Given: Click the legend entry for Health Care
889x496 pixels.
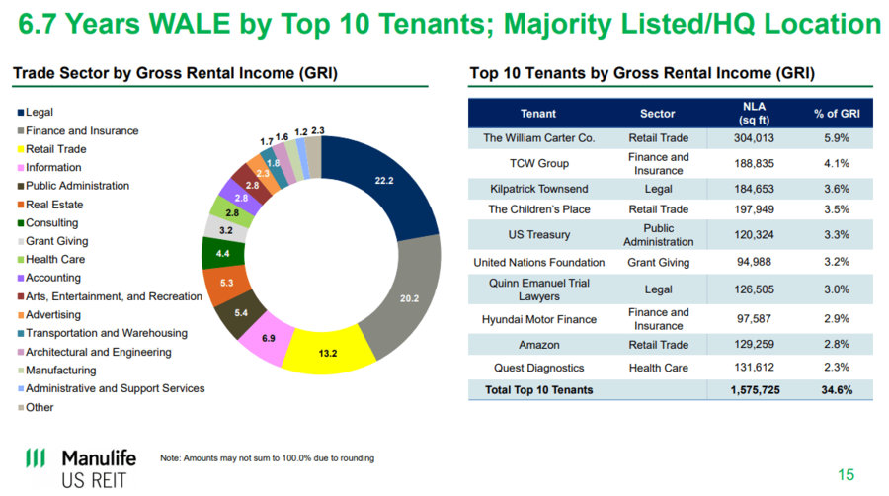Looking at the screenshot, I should click(55, 260).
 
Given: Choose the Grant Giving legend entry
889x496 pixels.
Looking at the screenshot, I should click(56, 241).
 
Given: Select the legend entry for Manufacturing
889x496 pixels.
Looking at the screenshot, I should click(61, 371).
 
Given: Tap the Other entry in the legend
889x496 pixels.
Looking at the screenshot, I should click(40, 407).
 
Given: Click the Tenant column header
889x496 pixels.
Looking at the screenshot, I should click(538, 114).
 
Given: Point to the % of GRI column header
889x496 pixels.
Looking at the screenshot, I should click(837, 114).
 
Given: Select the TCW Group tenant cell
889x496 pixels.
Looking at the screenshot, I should click(538, 163).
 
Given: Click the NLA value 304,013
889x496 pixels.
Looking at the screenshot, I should click(754, 138).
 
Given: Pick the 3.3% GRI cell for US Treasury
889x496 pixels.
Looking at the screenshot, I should click(836, 235).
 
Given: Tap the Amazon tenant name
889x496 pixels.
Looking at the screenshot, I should click(538, 345).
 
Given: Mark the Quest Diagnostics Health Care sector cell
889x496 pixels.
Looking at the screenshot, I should click(658, 368).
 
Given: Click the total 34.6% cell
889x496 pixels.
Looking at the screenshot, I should click(836, 390).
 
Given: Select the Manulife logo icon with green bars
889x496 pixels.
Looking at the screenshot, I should click(36, 458).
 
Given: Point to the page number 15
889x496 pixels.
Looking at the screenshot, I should click(846, 472).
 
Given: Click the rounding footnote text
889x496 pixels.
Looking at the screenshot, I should click(267, 458).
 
